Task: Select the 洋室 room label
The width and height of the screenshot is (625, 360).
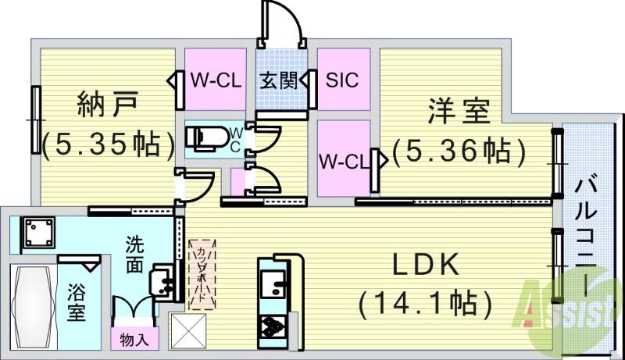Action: click(x=459, y=110)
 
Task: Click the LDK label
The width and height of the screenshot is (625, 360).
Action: click(x=424, y=265)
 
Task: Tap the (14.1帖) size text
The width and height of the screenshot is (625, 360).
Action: click(x=424, y=301)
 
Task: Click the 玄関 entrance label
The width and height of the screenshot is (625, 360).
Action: click(x=279, y=80)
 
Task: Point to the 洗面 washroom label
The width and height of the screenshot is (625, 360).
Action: click(x=135, y=254)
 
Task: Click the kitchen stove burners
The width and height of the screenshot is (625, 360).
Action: click(x=272, y=324)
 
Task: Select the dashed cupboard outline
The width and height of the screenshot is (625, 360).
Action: click(x=200, y=274)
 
